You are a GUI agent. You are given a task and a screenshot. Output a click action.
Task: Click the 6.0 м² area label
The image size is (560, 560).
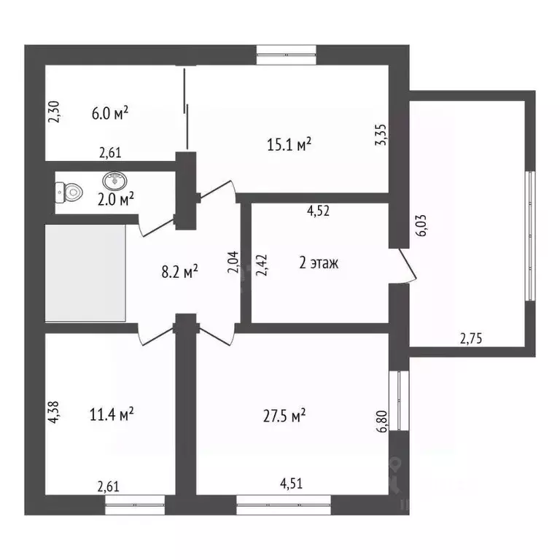pos(110,113)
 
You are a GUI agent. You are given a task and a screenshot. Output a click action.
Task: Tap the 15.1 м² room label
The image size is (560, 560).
pos(289,144)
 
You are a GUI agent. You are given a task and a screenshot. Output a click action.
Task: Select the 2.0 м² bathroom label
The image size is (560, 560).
pos(115,197)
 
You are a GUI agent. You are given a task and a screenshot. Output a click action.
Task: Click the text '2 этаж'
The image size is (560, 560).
pos(319,263)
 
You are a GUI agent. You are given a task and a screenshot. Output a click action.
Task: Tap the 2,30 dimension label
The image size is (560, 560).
pos(53,112)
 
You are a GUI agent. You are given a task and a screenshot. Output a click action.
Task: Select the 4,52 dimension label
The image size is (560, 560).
pos(319,211)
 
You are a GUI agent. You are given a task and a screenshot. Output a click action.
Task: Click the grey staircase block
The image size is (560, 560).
pos(86,272)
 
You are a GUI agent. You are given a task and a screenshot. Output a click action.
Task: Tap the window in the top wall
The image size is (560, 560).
pos(287,52)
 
